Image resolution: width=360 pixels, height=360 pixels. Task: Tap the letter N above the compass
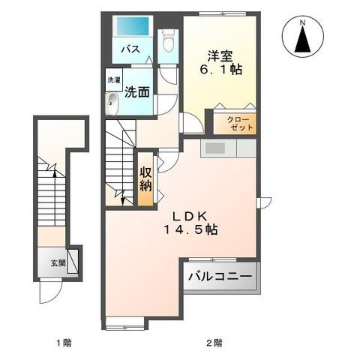coord(303,22)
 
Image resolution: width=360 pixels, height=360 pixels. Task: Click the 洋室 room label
coord(220,55)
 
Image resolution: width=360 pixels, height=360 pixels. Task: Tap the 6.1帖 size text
coord(219,68)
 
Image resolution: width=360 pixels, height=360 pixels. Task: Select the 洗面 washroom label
coord(135,94)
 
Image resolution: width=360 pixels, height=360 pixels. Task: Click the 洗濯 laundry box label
coord(112,79)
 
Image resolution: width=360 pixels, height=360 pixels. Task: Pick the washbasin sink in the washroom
coord(113,104)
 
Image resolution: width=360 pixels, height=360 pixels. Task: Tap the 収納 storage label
coord(145,177)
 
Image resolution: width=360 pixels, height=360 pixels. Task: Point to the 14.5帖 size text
coord(190,231)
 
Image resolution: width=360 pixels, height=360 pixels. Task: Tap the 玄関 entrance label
coord(58,263)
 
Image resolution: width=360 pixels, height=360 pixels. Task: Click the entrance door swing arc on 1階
coord(49,295)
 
